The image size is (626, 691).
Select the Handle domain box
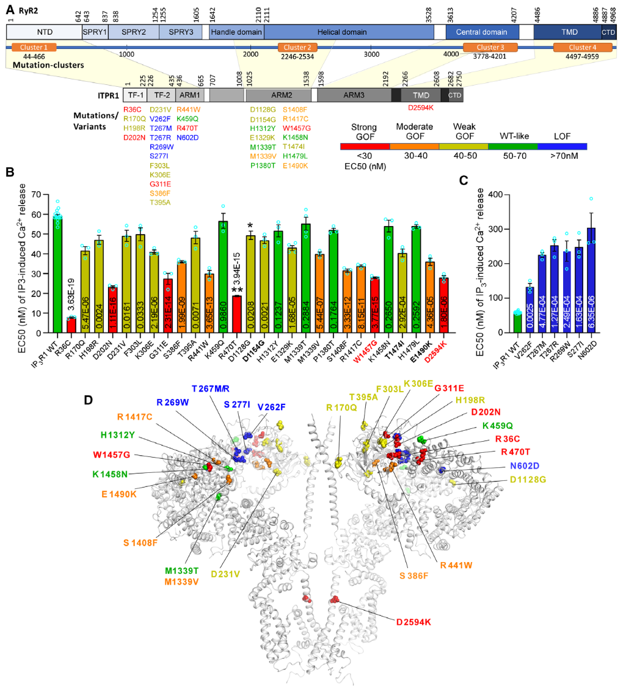pyautogui.click(x=236, y=32)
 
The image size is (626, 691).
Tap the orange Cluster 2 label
pyautogui.click(x=297, y=47)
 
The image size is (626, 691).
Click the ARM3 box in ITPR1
pyautogui.click(x=354, y=95)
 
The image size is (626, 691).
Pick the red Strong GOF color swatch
pyautogui.click(x=365, y=147)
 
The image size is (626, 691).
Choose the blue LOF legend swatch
pyautogui.click(x=562, y=147)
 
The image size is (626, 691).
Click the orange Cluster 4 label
pyautogui.click(x=573, y=47)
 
